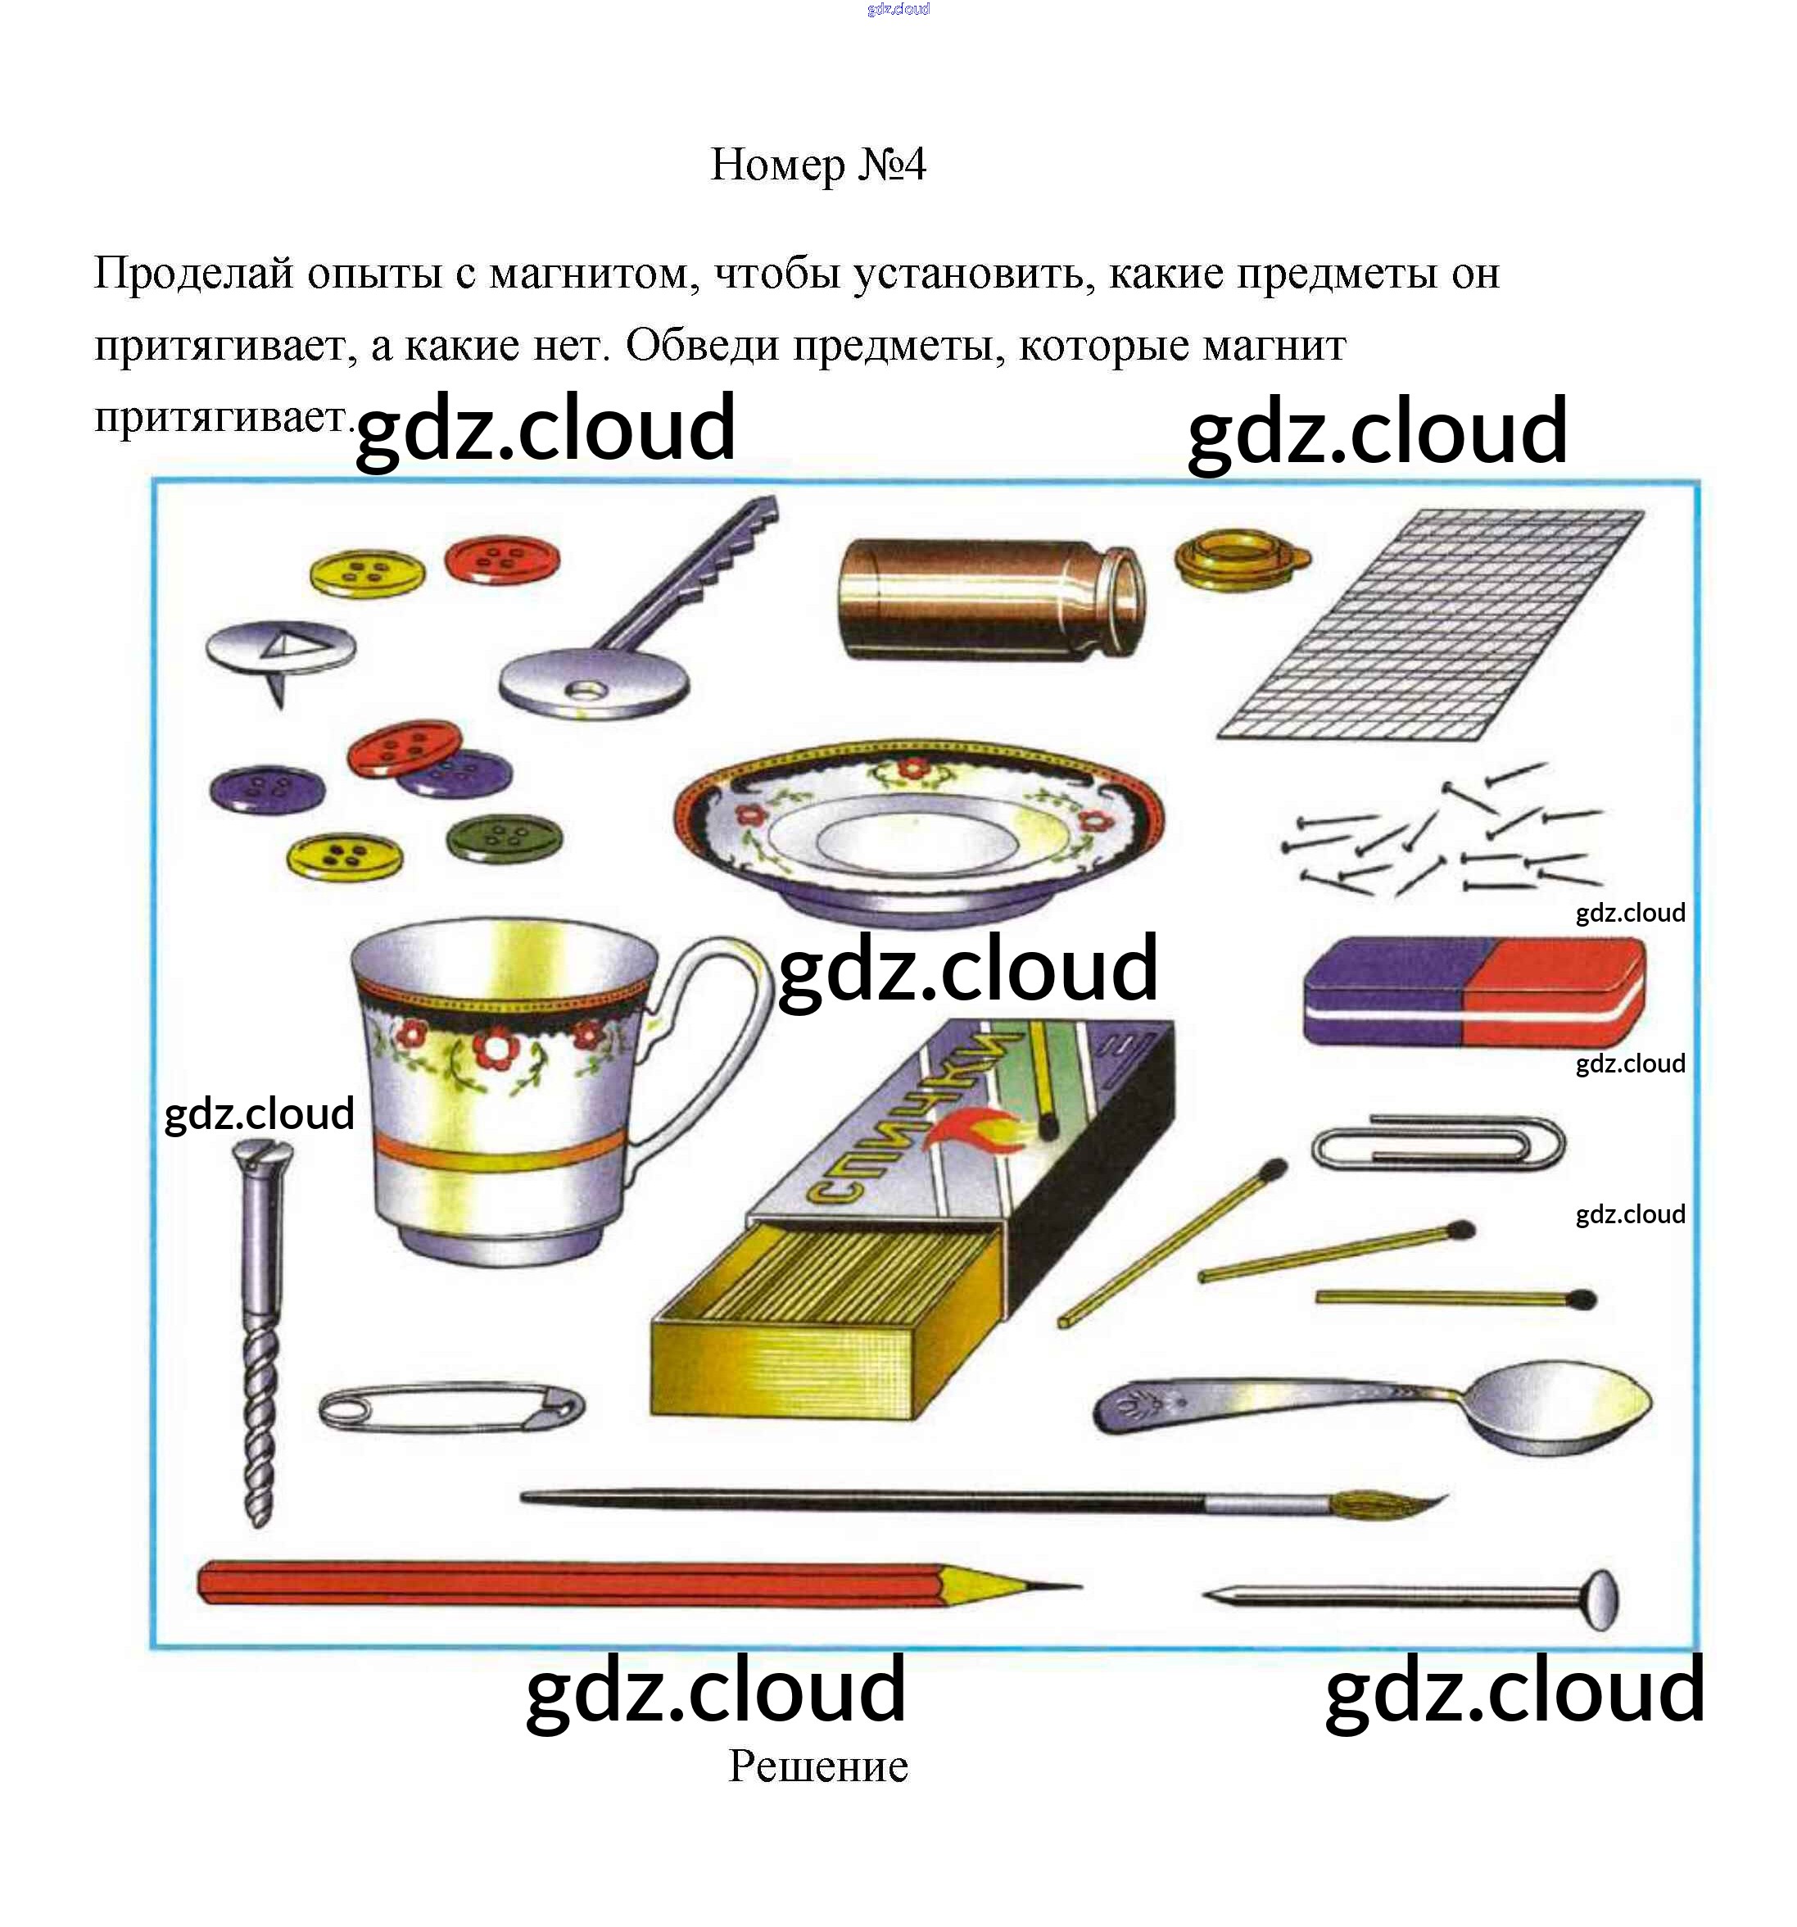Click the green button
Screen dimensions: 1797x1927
[504, 837]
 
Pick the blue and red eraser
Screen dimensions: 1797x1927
[1473, 991]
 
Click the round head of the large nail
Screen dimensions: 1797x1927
[1601, 1599]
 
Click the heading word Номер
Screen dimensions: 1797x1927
[777, 165]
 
